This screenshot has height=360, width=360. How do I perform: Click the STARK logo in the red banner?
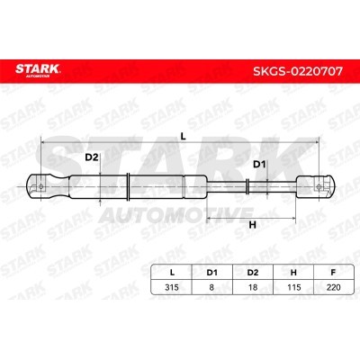[x=38, y=70]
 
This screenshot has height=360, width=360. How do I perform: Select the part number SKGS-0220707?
[x=298, y=71]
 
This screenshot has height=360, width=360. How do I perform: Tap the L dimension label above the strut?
[x=184, y=137]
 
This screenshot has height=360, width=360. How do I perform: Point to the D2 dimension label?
[x=92, y=157]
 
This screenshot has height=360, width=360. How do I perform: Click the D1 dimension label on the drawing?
[x=259, y=165]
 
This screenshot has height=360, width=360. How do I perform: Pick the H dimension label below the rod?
[x=253, y=225]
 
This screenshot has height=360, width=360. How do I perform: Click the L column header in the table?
[x=172, y=273]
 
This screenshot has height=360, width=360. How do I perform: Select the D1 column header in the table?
[x=211, y=273]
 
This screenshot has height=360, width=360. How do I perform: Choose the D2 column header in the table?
[x=253, y=273]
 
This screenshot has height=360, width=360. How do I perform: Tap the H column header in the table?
[x=293, y=273]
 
